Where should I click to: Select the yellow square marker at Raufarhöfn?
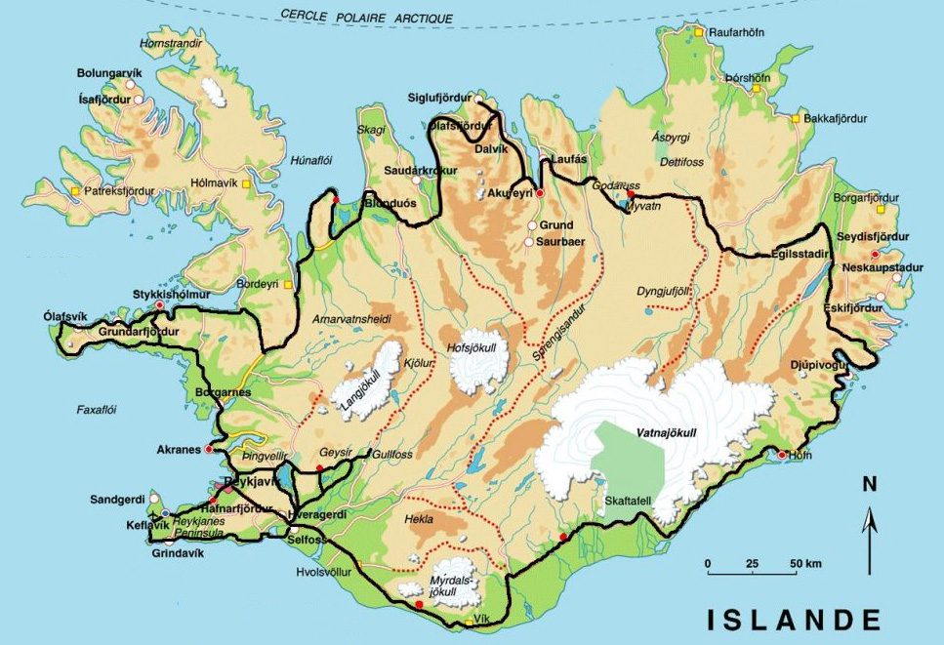[699, 32]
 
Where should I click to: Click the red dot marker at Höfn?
[782, 455]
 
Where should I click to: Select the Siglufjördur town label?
[441, 97]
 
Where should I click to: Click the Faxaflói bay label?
[97, 411]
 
